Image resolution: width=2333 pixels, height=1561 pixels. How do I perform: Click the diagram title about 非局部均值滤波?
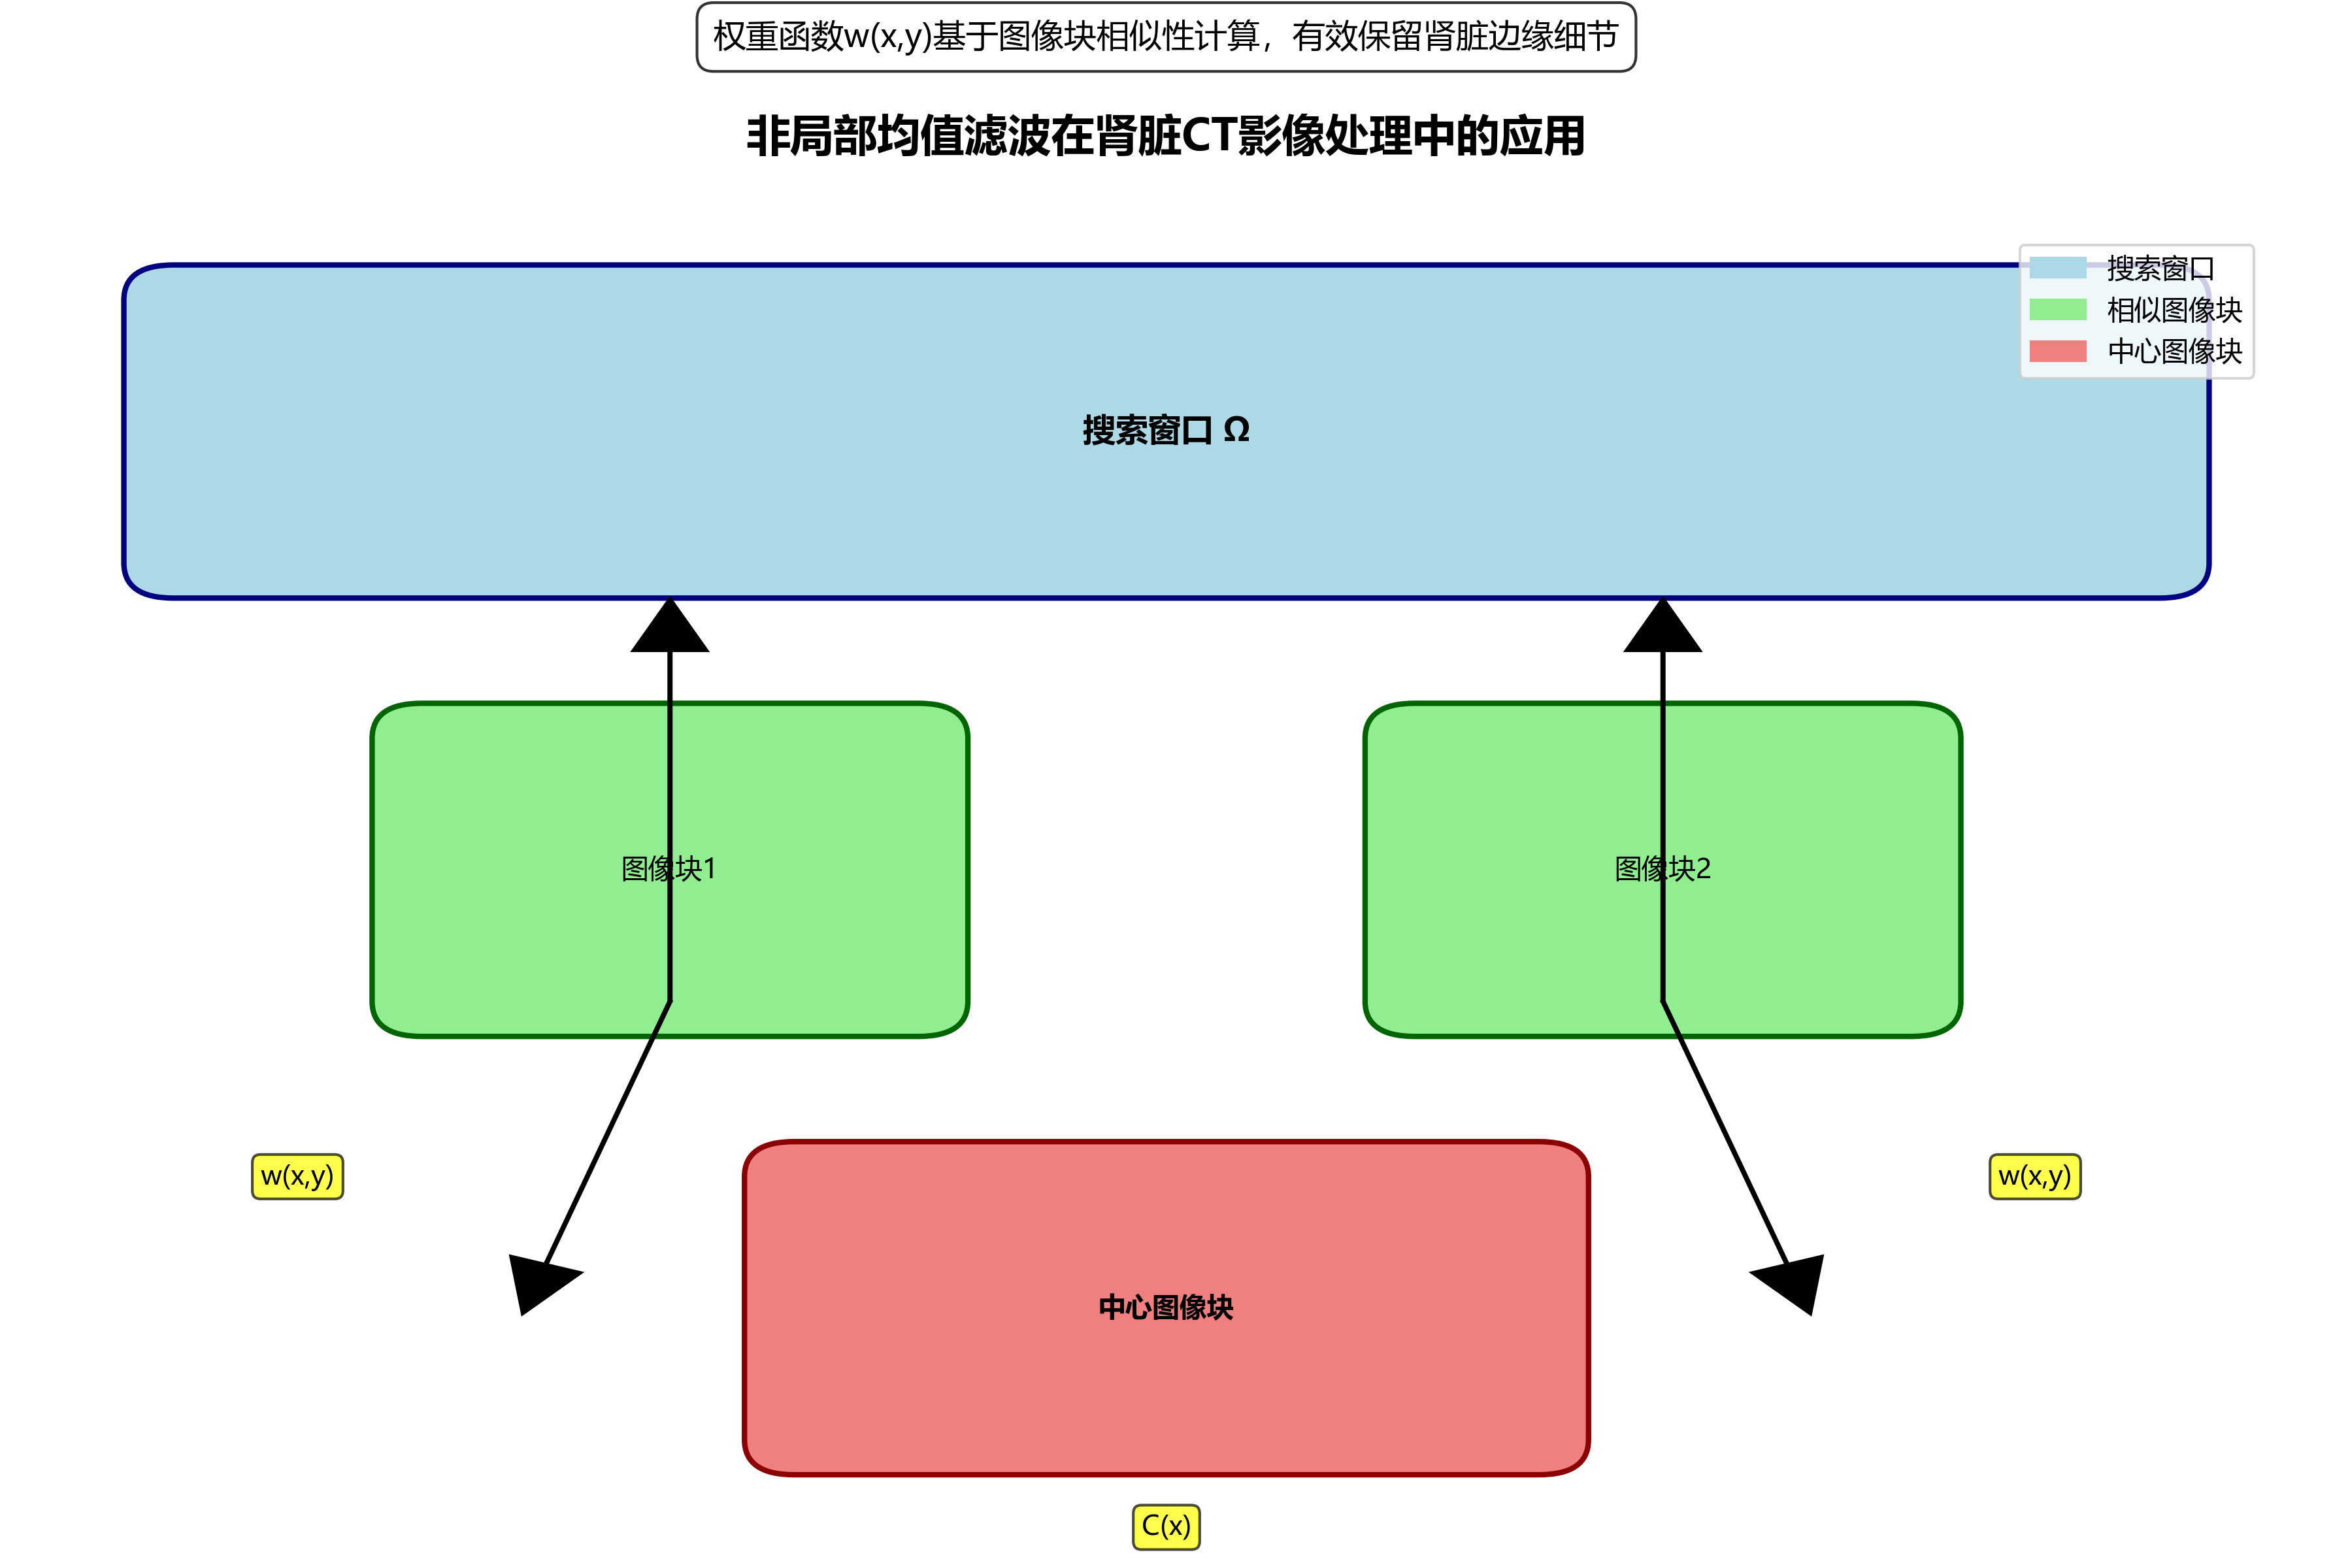click(x=1165, y=137)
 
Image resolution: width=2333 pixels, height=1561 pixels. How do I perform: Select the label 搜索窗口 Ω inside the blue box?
click(x=1165, y=430)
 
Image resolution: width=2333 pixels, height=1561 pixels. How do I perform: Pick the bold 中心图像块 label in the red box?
click(x=1165, y=1307)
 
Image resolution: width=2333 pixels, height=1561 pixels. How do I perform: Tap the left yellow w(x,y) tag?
click(x=297, y=1177)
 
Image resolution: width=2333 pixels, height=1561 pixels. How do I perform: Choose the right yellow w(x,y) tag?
click(x=2034, y=1177)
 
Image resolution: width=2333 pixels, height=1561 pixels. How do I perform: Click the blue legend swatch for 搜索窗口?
click(x=2057, y=268)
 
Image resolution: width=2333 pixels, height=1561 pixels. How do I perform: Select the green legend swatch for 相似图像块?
click(x=2057, y=310)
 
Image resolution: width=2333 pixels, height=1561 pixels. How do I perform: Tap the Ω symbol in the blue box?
click(x=1236, y=430)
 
